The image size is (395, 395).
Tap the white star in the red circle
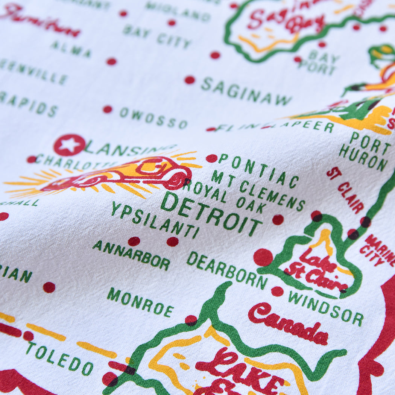pos(69,145)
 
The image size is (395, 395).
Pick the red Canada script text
pos(288,324)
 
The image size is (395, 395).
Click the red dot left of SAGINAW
pos(190,80)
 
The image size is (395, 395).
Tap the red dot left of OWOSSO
pos(108,109)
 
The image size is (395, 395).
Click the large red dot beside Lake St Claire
pos(263,257)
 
